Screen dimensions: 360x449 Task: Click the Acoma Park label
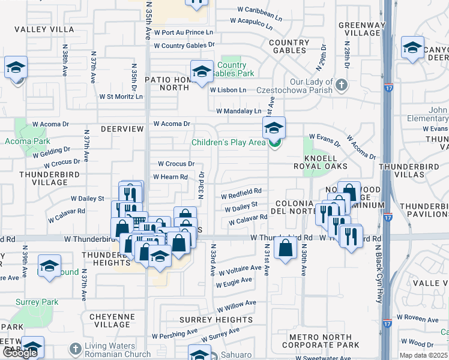pos(27,142)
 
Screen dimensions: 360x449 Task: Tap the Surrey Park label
pos(37,302)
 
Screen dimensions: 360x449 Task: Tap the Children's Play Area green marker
pos(274,143)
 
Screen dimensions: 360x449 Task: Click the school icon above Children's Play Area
pos(274,128)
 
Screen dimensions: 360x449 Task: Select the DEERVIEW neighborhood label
pos(122,129)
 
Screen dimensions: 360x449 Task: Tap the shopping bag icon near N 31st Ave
pos(286,248)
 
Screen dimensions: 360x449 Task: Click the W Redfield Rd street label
pos(241,191)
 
